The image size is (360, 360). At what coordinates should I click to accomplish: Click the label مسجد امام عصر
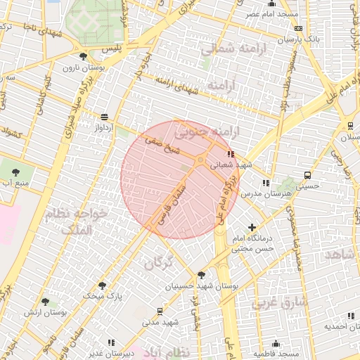[x=271, y=14]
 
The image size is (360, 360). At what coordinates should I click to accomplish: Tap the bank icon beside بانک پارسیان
[x=299, y=29]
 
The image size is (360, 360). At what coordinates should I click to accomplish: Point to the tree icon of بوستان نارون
[x=84, y=56]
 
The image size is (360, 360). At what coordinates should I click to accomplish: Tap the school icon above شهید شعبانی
[x=229, y=154]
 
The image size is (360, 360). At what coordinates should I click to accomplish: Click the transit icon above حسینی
[x=307, y=175]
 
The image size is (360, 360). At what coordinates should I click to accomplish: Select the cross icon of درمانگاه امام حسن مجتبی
[x=252, y=226]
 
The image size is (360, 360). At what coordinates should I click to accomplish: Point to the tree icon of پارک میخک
[x=103, y=285]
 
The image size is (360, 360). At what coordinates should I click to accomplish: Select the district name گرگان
[x=159, y=264]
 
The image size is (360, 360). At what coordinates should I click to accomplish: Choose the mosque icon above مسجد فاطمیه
[x=275, y=344]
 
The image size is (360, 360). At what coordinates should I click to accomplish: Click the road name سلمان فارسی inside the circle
[x=173, y=200]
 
